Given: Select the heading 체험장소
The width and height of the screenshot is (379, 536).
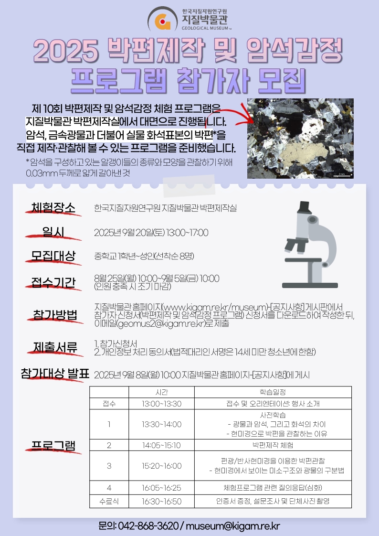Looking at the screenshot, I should tap(53, 208).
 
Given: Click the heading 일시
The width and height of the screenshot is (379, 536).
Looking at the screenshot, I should tap(53, 232).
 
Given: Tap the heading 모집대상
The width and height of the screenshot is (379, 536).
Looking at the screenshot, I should tap(53, 256).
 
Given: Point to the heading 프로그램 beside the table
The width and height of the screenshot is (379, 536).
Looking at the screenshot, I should tap(53, 446).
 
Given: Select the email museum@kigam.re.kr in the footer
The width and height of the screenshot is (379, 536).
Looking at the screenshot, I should tap(232, 526).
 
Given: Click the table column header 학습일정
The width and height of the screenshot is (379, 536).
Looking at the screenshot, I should tap(273, 392).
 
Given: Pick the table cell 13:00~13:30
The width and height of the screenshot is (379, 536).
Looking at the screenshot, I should tap(161, 404).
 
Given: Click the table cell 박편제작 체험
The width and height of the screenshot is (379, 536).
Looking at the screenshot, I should tap(273, 445).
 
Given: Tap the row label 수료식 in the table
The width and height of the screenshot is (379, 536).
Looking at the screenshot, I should tap(109, 501).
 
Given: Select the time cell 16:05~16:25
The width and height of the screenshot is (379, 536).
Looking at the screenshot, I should tap(161, 488).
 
